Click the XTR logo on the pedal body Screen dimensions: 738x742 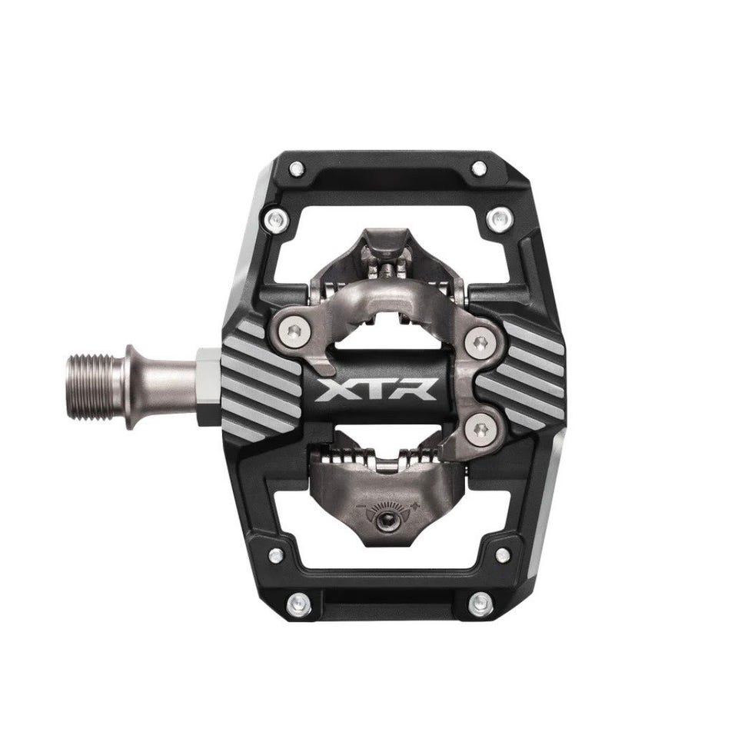click(x=377, y=390)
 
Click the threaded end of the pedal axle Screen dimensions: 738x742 click(x=98, y=388)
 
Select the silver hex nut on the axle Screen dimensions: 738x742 click(x=208, y=386)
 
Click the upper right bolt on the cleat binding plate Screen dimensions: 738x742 click(x=480, y=342)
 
